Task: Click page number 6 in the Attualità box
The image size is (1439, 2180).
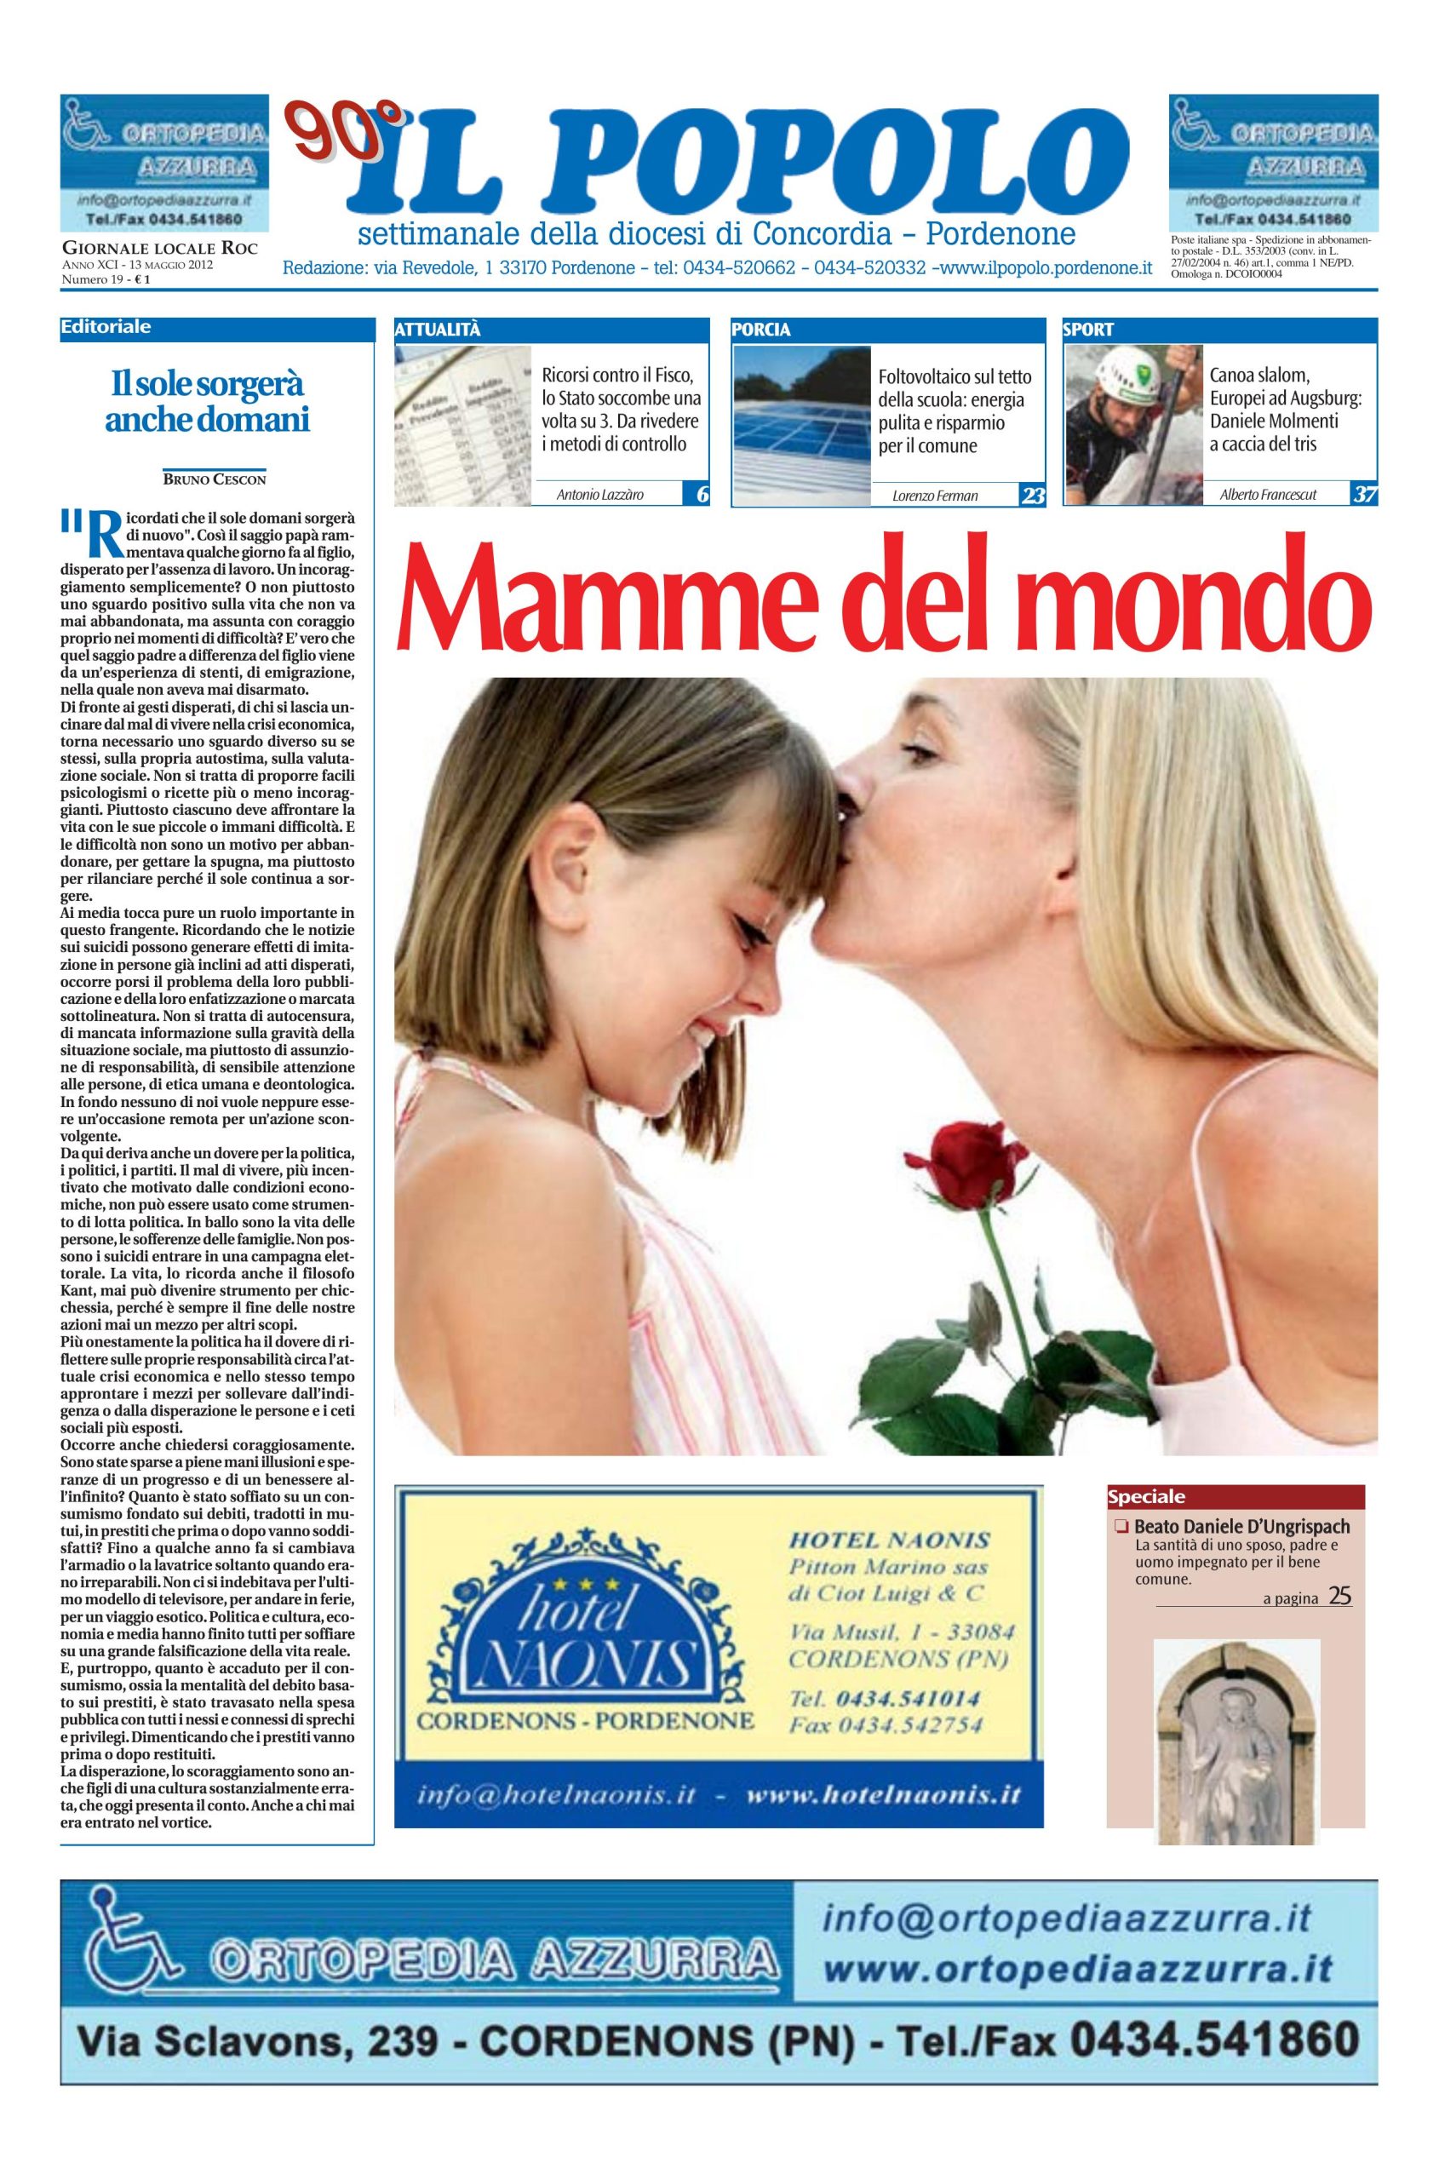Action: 701,495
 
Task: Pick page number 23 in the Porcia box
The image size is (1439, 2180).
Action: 1034,495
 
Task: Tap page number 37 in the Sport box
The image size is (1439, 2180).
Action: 1364,495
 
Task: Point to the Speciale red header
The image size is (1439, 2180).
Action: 1146,1496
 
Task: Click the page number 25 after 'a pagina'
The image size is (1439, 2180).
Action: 1340,1595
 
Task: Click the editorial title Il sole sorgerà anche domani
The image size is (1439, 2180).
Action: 207,400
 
